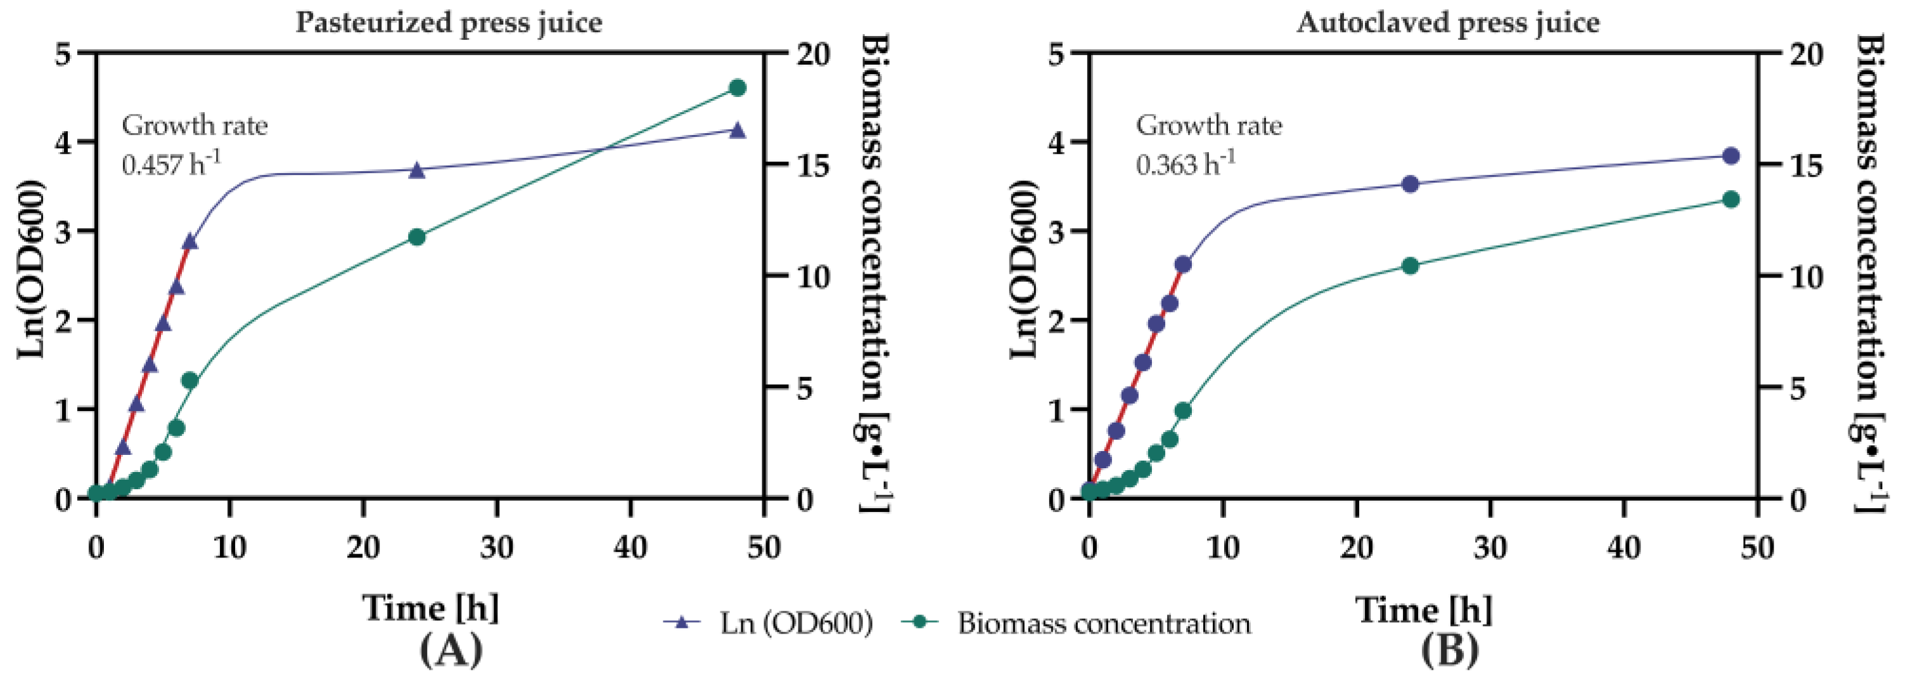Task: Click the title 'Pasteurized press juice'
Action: click(x=449, y=22)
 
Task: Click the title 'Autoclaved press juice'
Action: click(x=1448, y=22)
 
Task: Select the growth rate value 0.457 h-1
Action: click(x=171, y=163)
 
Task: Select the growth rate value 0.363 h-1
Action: click(x=1186, y=163)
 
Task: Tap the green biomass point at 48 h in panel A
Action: click(x=737, y=88)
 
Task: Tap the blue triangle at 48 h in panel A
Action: click(x=737, y=131)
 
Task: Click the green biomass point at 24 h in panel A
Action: click(x=416, y=237)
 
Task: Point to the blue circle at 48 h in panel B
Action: click(x=1730, y=155)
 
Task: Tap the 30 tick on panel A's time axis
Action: click(x=497, y=548)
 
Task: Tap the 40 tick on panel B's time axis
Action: click(x=1623, y=548)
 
